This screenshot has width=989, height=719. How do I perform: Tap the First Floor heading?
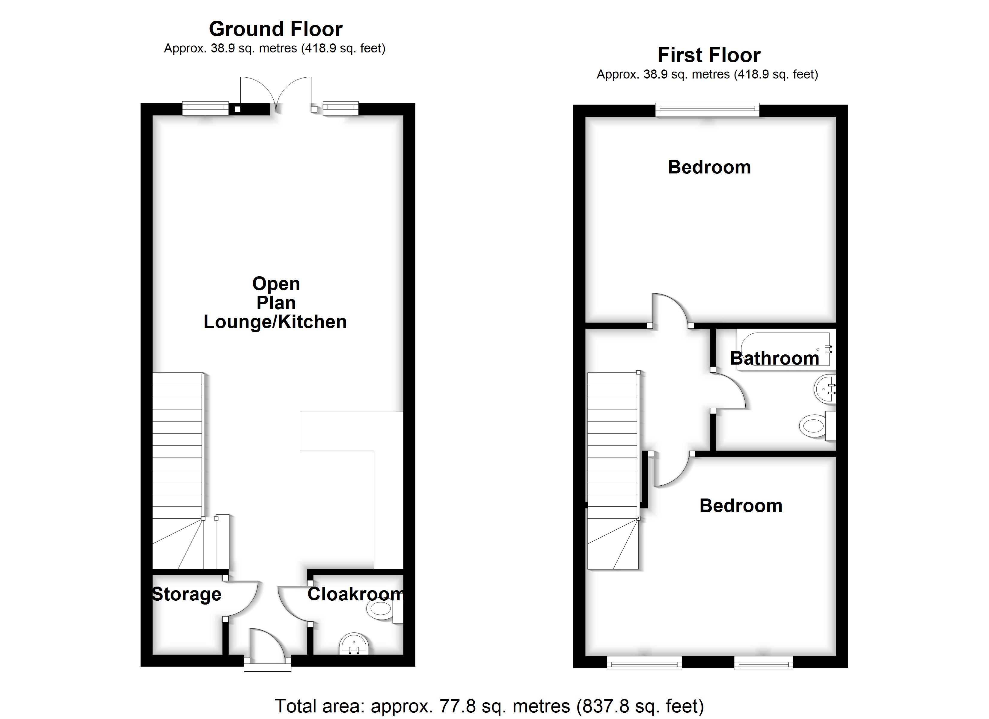(x=708, y=55)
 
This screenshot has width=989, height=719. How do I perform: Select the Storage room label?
(x=187, y=594)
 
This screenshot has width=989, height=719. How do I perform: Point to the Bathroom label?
(x=774, y=358)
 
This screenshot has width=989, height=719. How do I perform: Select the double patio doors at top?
(x=276, y=94)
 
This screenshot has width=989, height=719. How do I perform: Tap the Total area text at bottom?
(x=489, y=706)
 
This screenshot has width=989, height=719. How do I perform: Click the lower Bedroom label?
(x=741, y=506)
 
